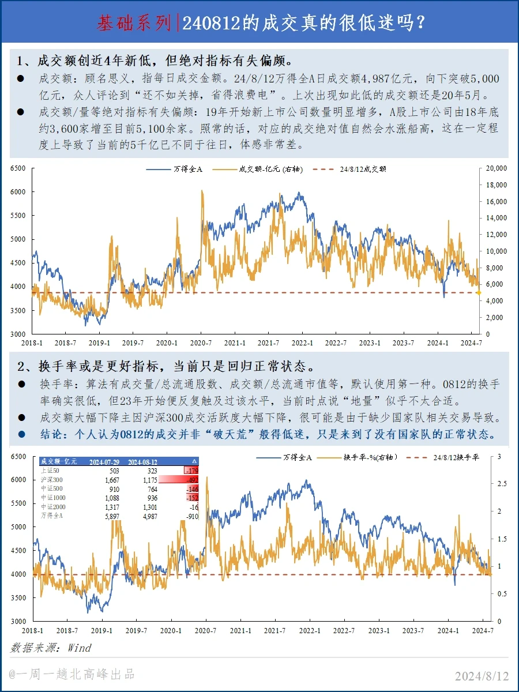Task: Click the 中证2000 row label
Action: tap(52, 507)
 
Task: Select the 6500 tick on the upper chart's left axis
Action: tap(18, 168)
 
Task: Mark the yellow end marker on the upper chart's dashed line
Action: tap(479, 293)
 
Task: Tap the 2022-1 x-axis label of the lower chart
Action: tap(310, 630)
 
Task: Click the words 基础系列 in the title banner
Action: tap(134, 23)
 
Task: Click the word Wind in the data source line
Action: tap(80, 648)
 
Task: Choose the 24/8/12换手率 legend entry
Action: tap(456, 457)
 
